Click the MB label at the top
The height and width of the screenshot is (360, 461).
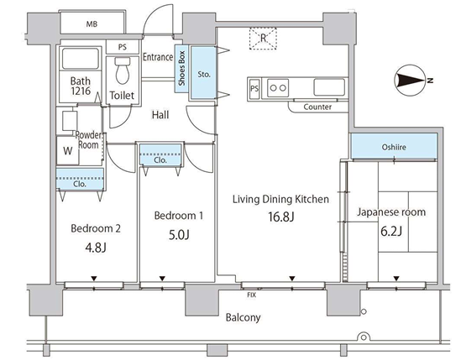coord(92,23)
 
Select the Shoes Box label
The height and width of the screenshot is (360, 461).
coord(181,69)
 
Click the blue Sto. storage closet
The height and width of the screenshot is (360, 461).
coord(203,73)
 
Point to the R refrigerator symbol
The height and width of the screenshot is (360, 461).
coord(263,39)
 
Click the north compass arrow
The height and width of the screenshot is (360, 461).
coord(411,81)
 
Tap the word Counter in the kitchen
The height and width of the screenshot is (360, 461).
coord(317,107)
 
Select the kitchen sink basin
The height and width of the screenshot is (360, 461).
coord(329,87)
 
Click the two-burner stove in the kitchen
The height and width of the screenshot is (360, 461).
coord(278,87)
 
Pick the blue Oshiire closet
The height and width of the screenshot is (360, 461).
coord(394,146)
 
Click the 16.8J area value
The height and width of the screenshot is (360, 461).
coord(281,217)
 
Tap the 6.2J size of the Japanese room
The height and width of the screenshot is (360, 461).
coord(391,232)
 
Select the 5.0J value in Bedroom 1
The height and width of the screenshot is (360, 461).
coord(179,235)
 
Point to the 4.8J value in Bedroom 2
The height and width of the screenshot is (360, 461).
coord(96,248)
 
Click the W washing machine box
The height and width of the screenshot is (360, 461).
coord(68,150)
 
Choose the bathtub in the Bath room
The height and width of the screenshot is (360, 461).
coord(81,59)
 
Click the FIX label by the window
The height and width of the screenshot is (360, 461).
coord(252,295)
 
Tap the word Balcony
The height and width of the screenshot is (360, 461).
coord(244,317)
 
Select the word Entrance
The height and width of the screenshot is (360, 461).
coord(158,57)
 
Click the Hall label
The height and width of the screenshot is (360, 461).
coord(160,115)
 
